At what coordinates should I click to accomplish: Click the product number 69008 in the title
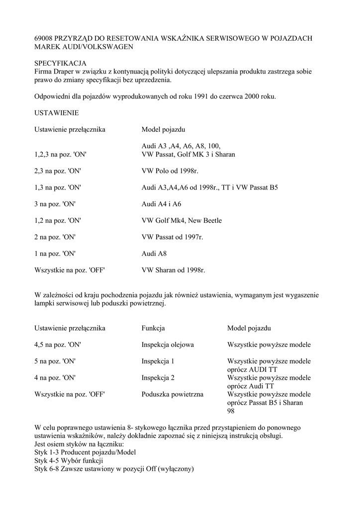tap(44, 38)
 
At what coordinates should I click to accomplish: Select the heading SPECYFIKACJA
tap(60, 63)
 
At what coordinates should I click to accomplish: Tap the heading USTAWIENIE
tap(56, 113)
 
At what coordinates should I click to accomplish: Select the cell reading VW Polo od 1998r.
tap(170, 171)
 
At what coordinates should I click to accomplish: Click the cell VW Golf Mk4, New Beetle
tap(181, 220)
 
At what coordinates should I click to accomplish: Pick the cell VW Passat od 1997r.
tap(172, 237)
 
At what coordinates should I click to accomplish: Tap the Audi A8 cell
tap(154, 254)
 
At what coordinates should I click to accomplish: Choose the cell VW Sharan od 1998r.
tap(173, 270)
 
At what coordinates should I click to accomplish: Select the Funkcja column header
tap(153, 328)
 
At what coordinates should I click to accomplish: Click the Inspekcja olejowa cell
tap(168, 344)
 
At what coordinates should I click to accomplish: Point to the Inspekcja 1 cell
tap(158, 361)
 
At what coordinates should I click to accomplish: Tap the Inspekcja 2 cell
tap(158, 378)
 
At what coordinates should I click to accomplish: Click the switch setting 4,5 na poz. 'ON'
tap(58, 344)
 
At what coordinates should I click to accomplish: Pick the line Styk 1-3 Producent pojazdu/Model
tap(85, 452)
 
